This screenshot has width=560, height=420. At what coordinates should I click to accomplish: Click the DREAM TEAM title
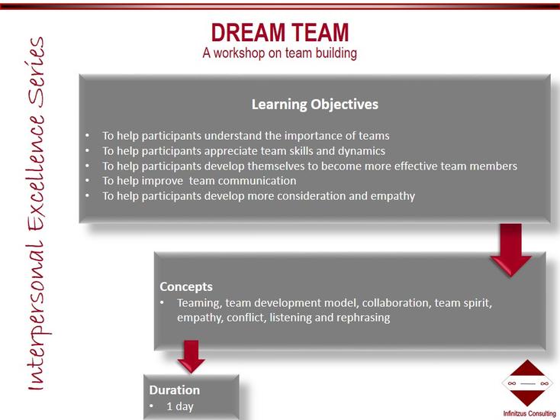(x=280, y=33)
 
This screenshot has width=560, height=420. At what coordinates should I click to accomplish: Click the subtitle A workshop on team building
(x=280, y=53)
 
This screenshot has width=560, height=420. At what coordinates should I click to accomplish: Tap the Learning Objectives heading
(x=314, y=105)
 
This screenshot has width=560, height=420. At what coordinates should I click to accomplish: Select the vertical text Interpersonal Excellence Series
(x=36, y=214)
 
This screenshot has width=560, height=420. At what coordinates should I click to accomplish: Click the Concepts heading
(x=186, y=286)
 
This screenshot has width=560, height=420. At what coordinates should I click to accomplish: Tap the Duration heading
(x=174, y=389)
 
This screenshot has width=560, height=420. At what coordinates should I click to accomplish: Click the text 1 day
(x=180, y=406)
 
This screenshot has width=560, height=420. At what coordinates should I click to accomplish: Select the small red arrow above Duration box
(x=191, y=357)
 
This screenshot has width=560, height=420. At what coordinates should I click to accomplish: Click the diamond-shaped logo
(x=527, y=383)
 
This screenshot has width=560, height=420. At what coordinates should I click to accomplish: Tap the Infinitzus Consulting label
(x=529, y=414)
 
